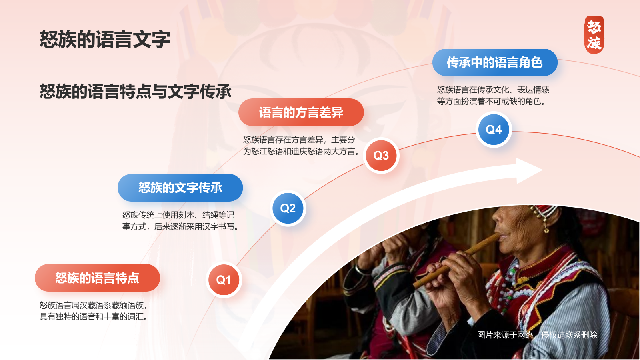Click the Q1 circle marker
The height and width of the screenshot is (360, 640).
224,280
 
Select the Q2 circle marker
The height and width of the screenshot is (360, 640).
288,208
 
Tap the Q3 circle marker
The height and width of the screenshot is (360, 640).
381,156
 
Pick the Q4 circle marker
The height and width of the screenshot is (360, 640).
494,130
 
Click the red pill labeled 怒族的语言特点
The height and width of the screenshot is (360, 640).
98,278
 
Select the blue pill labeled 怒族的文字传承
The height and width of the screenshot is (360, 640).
180,188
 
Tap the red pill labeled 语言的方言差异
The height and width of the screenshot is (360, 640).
301,112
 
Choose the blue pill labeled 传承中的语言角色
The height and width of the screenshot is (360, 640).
495,62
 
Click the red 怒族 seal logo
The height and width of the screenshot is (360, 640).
594,34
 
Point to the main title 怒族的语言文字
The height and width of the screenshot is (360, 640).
105,39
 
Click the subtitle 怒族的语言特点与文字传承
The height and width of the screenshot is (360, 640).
136,92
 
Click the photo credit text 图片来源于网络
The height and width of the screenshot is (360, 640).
505,335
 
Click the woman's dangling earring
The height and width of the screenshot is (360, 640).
546,227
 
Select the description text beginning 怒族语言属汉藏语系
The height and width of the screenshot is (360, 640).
94,311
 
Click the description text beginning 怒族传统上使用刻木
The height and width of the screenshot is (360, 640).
180,220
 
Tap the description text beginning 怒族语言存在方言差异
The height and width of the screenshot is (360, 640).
301,146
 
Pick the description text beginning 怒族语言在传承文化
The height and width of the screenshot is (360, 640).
493,96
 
